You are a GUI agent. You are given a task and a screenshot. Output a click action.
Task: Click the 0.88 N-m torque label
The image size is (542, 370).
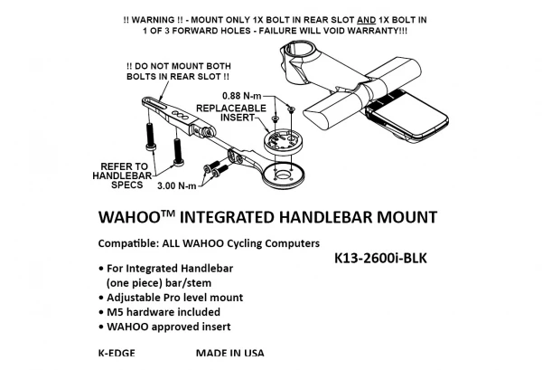tap(242, 96)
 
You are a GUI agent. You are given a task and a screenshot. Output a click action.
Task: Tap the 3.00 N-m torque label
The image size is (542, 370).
tap(177, 185)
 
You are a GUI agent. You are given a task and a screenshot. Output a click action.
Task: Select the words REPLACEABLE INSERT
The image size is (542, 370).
tap(231, 113)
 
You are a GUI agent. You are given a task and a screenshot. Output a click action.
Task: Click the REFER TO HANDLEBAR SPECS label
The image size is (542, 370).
tap(122, 176)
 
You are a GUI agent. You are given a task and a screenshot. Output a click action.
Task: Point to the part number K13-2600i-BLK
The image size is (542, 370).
tap(380, 258)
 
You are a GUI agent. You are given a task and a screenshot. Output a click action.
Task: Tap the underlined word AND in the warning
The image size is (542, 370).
tap(366, 20)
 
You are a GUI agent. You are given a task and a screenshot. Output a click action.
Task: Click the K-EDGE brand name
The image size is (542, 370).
tap(117, 353)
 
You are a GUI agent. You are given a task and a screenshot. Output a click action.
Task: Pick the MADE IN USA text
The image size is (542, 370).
tap(229, 353)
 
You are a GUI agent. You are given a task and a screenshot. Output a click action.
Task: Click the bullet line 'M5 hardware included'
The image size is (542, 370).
tap(159, 312)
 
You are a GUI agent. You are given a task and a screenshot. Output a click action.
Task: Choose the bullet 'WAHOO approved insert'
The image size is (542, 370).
tap(164, 327)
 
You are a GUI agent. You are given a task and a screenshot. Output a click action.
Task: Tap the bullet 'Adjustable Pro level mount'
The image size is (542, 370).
tap(171, 298)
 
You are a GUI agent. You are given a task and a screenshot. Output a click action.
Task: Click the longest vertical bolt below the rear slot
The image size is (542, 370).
tap(150, 137)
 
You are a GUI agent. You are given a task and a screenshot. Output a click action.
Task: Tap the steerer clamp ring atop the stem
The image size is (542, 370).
tap(297, 52)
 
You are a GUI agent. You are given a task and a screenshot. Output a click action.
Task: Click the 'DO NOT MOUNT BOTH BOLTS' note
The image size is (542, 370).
tap(179, 71)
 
